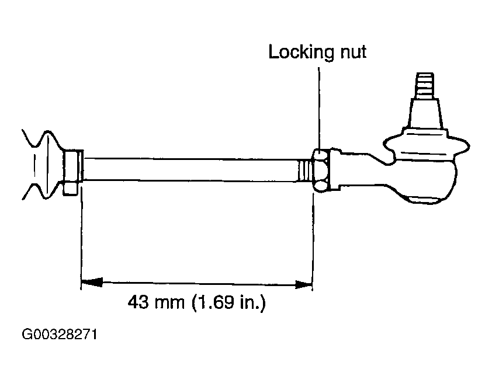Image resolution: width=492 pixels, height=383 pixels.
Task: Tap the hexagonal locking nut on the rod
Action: tap(320, 170)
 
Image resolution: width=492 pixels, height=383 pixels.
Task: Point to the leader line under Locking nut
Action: tap(319, 109)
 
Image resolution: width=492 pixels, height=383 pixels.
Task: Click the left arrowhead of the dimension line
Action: tap(91, 281)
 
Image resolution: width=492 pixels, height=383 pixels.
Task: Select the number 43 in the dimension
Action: tap(138, 302)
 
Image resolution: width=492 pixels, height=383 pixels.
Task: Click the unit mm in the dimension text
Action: tap(169, 304)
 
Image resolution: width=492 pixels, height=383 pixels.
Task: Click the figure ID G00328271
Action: tap(60, 335)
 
